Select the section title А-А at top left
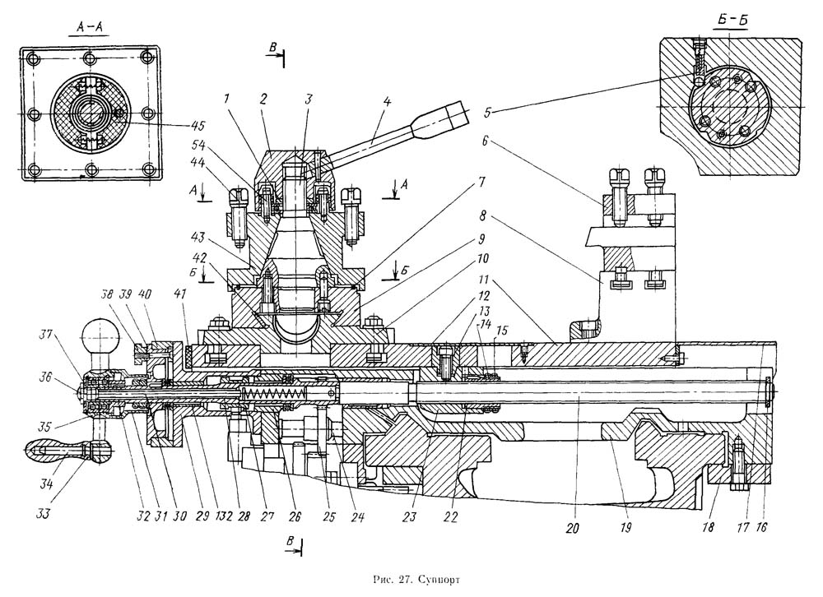tap(91, 28)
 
